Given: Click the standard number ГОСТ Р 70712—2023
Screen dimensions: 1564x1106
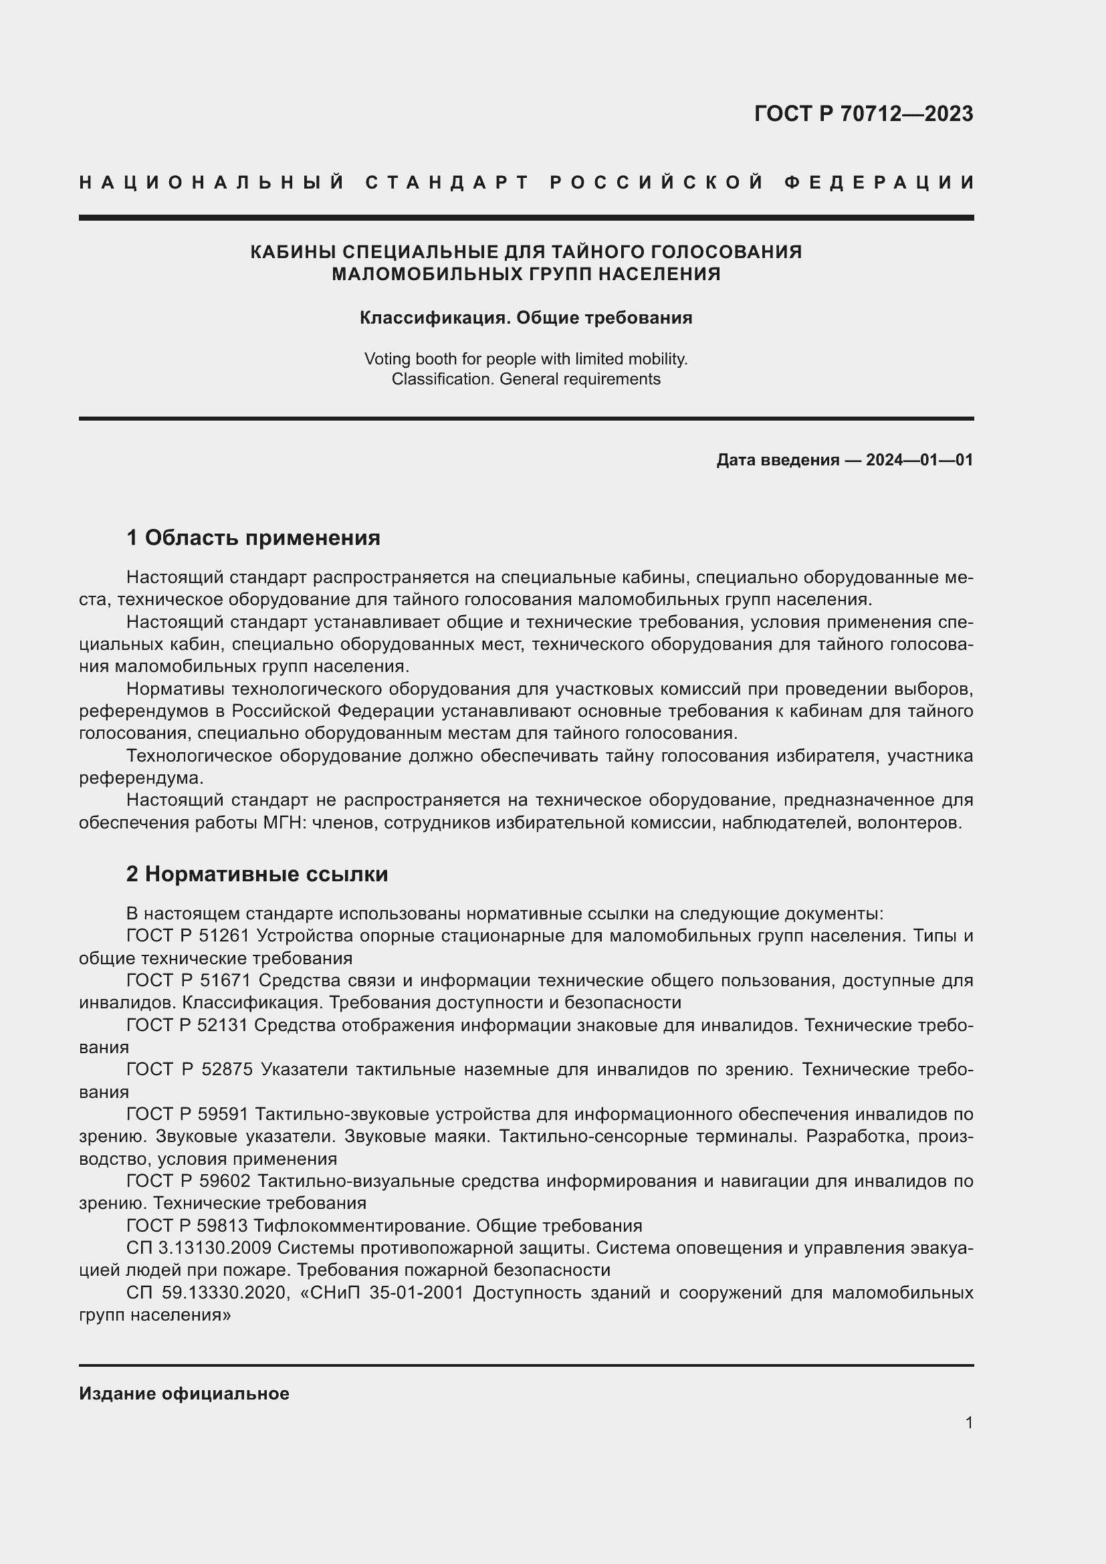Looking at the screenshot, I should pos(863,114).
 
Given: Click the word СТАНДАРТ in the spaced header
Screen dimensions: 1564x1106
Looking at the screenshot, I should pos(447,183).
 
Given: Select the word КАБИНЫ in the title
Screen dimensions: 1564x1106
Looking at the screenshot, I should pos(293,252).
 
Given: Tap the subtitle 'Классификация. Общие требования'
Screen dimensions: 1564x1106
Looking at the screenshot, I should pos(526,318).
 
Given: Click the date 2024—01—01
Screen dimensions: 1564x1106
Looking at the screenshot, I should pos(919,460).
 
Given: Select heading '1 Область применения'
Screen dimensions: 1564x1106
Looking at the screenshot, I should pos(253,538).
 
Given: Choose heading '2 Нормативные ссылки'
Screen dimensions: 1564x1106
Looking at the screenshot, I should pos(257,874).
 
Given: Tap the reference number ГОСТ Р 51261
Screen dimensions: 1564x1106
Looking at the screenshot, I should pos(189,936).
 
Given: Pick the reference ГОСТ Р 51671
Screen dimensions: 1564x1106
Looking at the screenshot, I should pos(189,981).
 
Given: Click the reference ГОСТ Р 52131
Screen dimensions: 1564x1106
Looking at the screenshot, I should pos(189,1026).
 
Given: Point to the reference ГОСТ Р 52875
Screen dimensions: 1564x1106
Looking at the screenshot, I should pos(189,1070).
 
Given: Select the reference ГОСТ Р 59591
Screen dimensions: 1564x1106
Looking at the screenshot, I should pos(189,1115).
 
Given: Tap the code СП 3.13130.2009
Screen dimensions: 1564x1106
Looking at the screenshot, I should pos(199,1248).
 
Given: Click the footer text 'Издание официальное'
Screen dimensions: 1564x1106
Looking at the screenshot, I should pos(184,1393).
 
